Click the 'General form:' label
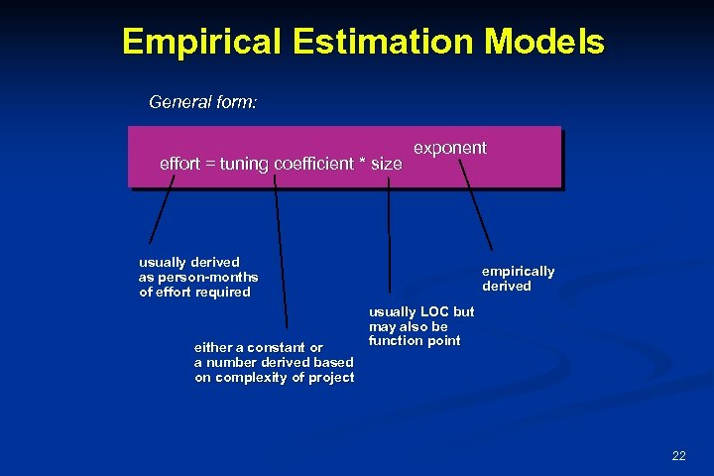202,102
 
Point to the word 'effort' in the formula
179,164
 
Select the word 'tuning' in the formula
241,164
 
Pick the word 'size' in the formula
387,164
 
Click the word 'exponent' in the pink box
449,148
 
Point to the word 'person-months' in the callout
212,277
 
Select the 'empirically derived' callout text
518,279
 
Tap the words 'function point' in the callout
415,341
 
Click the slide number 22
678,456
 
